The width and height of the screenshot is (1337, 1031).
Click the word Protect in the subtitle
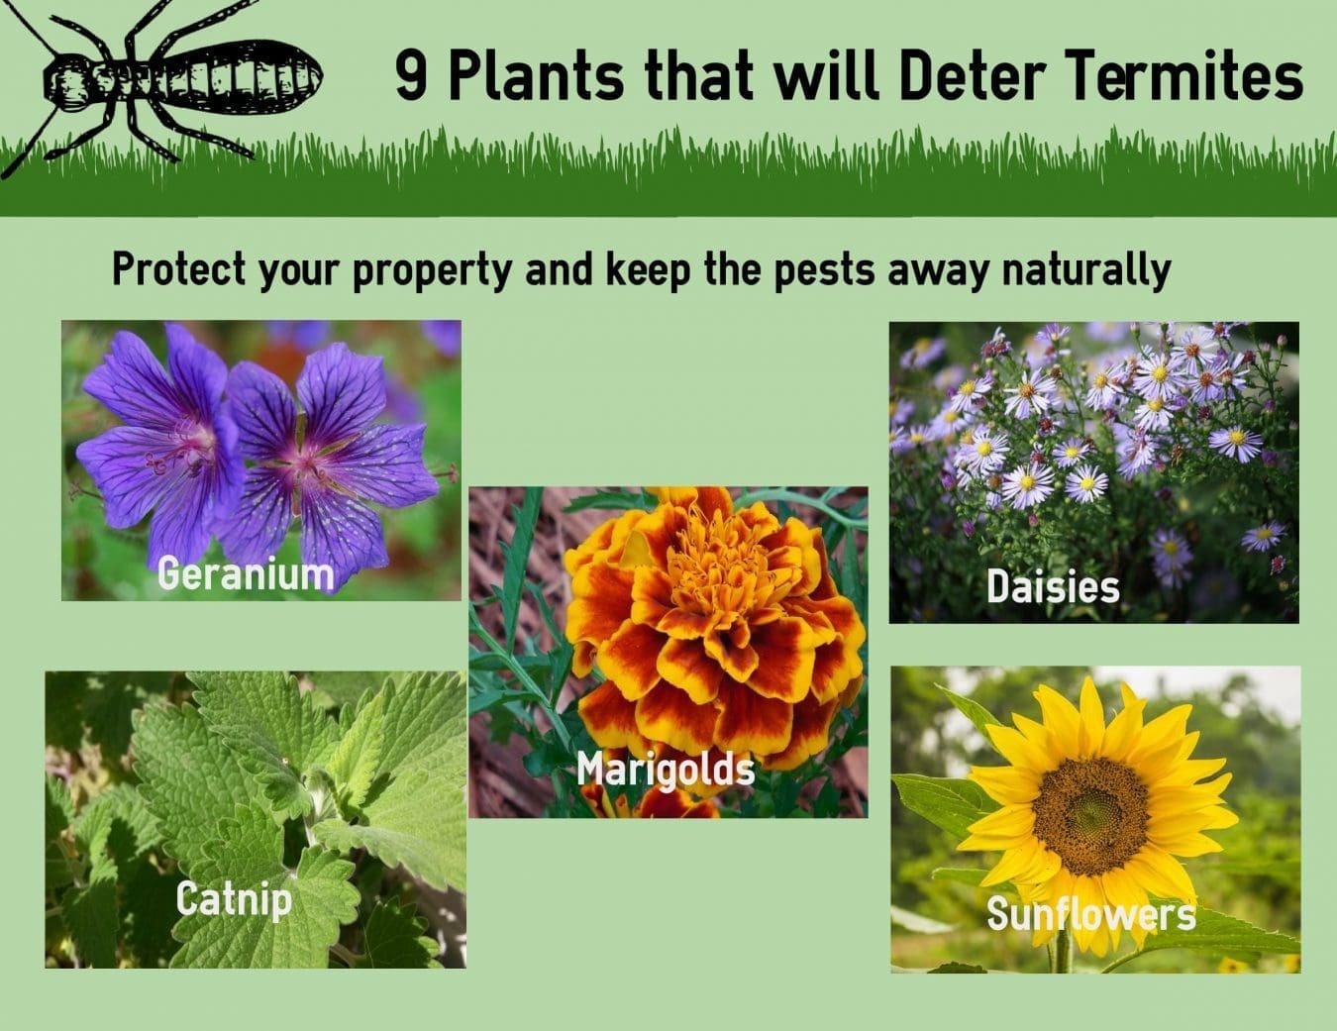(x=179, y=270)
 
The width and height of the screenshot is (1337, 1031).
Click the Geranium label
(x=246, y=573)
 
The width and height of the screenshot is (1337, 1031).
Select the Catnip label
(x=234, y=899)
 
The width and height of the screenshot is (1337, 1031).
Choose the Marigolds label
(x=666, y=769)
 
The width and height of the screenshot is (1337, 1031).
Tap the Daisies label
(x=1053, y=587)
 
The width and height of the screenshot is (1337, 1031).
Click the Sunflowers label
(x=1090, y=913)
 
